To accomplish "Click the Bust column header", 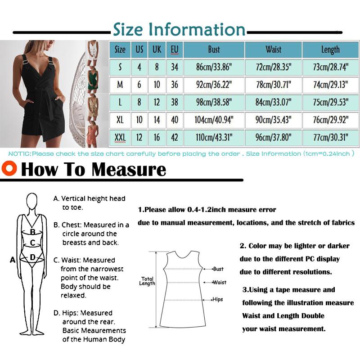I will point(214,49).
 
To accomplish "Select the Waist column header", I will point(273,49).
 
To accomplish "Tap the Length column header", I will point(330,49).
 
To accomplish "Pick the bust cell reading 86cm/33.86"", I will point(214,67).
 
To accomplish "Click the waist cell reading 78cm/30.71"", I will point(273,85).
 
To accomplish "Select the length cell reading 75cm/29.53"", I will point(331,102).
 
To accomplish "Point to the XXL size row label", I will point(120,137).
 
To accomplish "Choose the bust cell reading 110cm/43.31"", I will point(214,137).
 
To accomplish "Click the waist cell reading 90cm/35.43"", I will point(273,120).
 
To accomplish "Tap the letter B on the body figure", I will point(32,232).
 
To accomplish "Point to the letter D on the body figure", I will point(32,257).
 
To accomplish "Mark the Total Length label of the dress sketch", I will point(148,281).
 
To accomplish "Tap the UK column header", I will point(157,49).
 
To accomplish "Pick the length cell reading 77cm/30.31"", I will point(331,137).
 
